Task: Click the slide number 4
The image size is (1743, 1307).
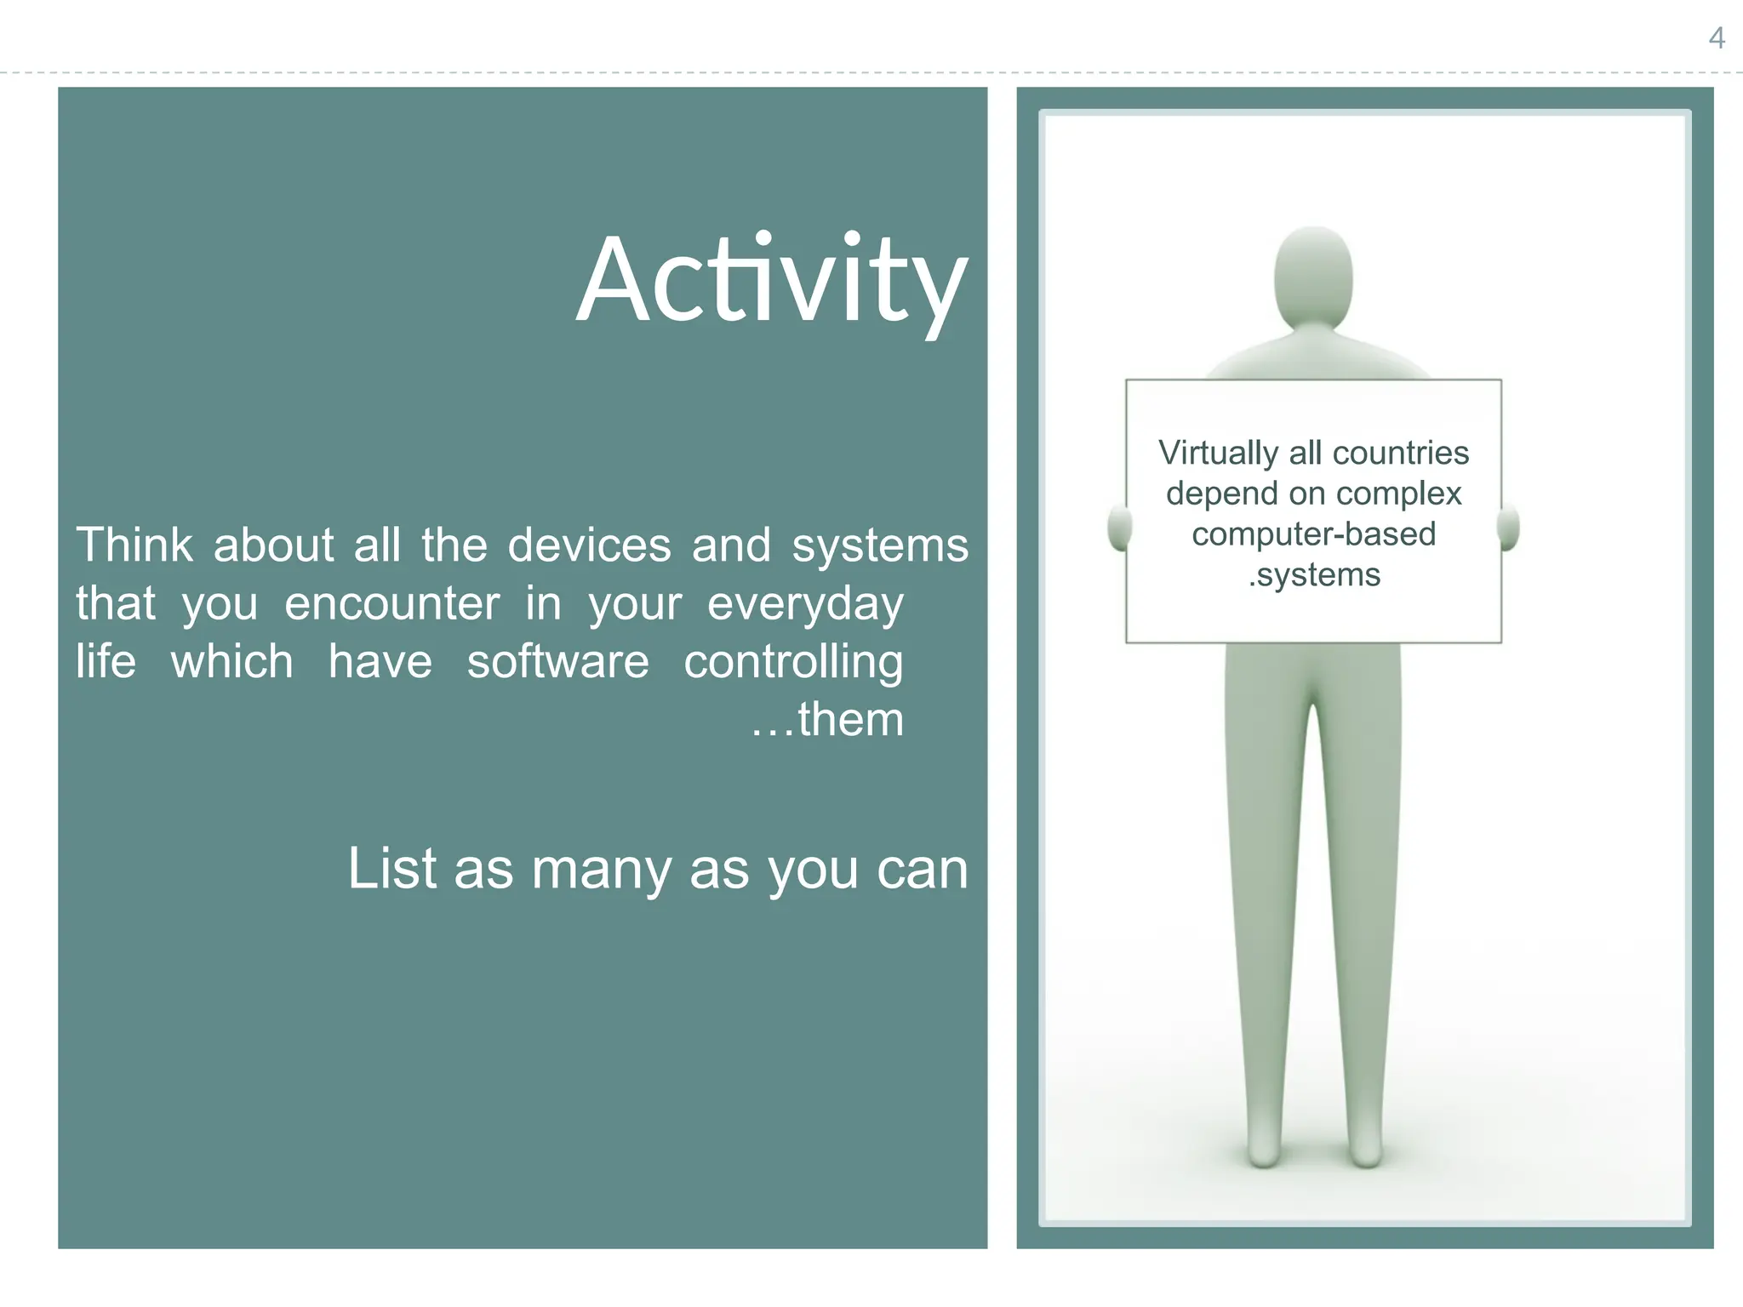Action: [1717, 38]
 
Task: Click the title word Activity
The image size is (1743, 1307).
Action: [771, 281]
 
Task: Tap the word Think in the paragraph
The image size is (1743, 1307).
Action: [134, 545]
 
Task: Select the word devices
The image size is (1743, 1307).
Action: [589, 545]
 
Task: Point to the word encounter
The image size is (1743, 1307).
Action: [391, 604]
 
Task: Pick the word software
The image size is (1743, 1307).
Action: [557, 662]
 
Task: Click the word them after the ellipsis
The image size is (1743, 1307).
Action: [850, 720]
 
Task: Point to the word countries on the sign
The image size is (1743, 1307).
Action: [1400, 454]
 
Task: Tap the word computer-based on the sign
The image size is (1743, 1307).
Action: [1313, 534]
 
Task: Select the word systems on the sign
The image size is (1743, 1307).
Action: [1318, 575]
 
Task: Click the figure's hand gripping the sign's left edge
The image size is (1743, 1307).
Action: [1118, 528]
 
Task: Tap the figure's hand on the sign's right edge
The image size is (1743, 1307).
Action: [1509, 528]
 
